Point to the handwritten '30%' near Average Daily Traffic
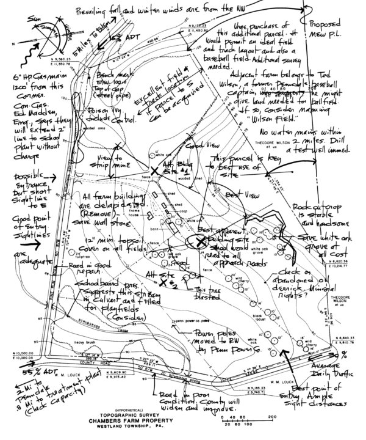[351, 355]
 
